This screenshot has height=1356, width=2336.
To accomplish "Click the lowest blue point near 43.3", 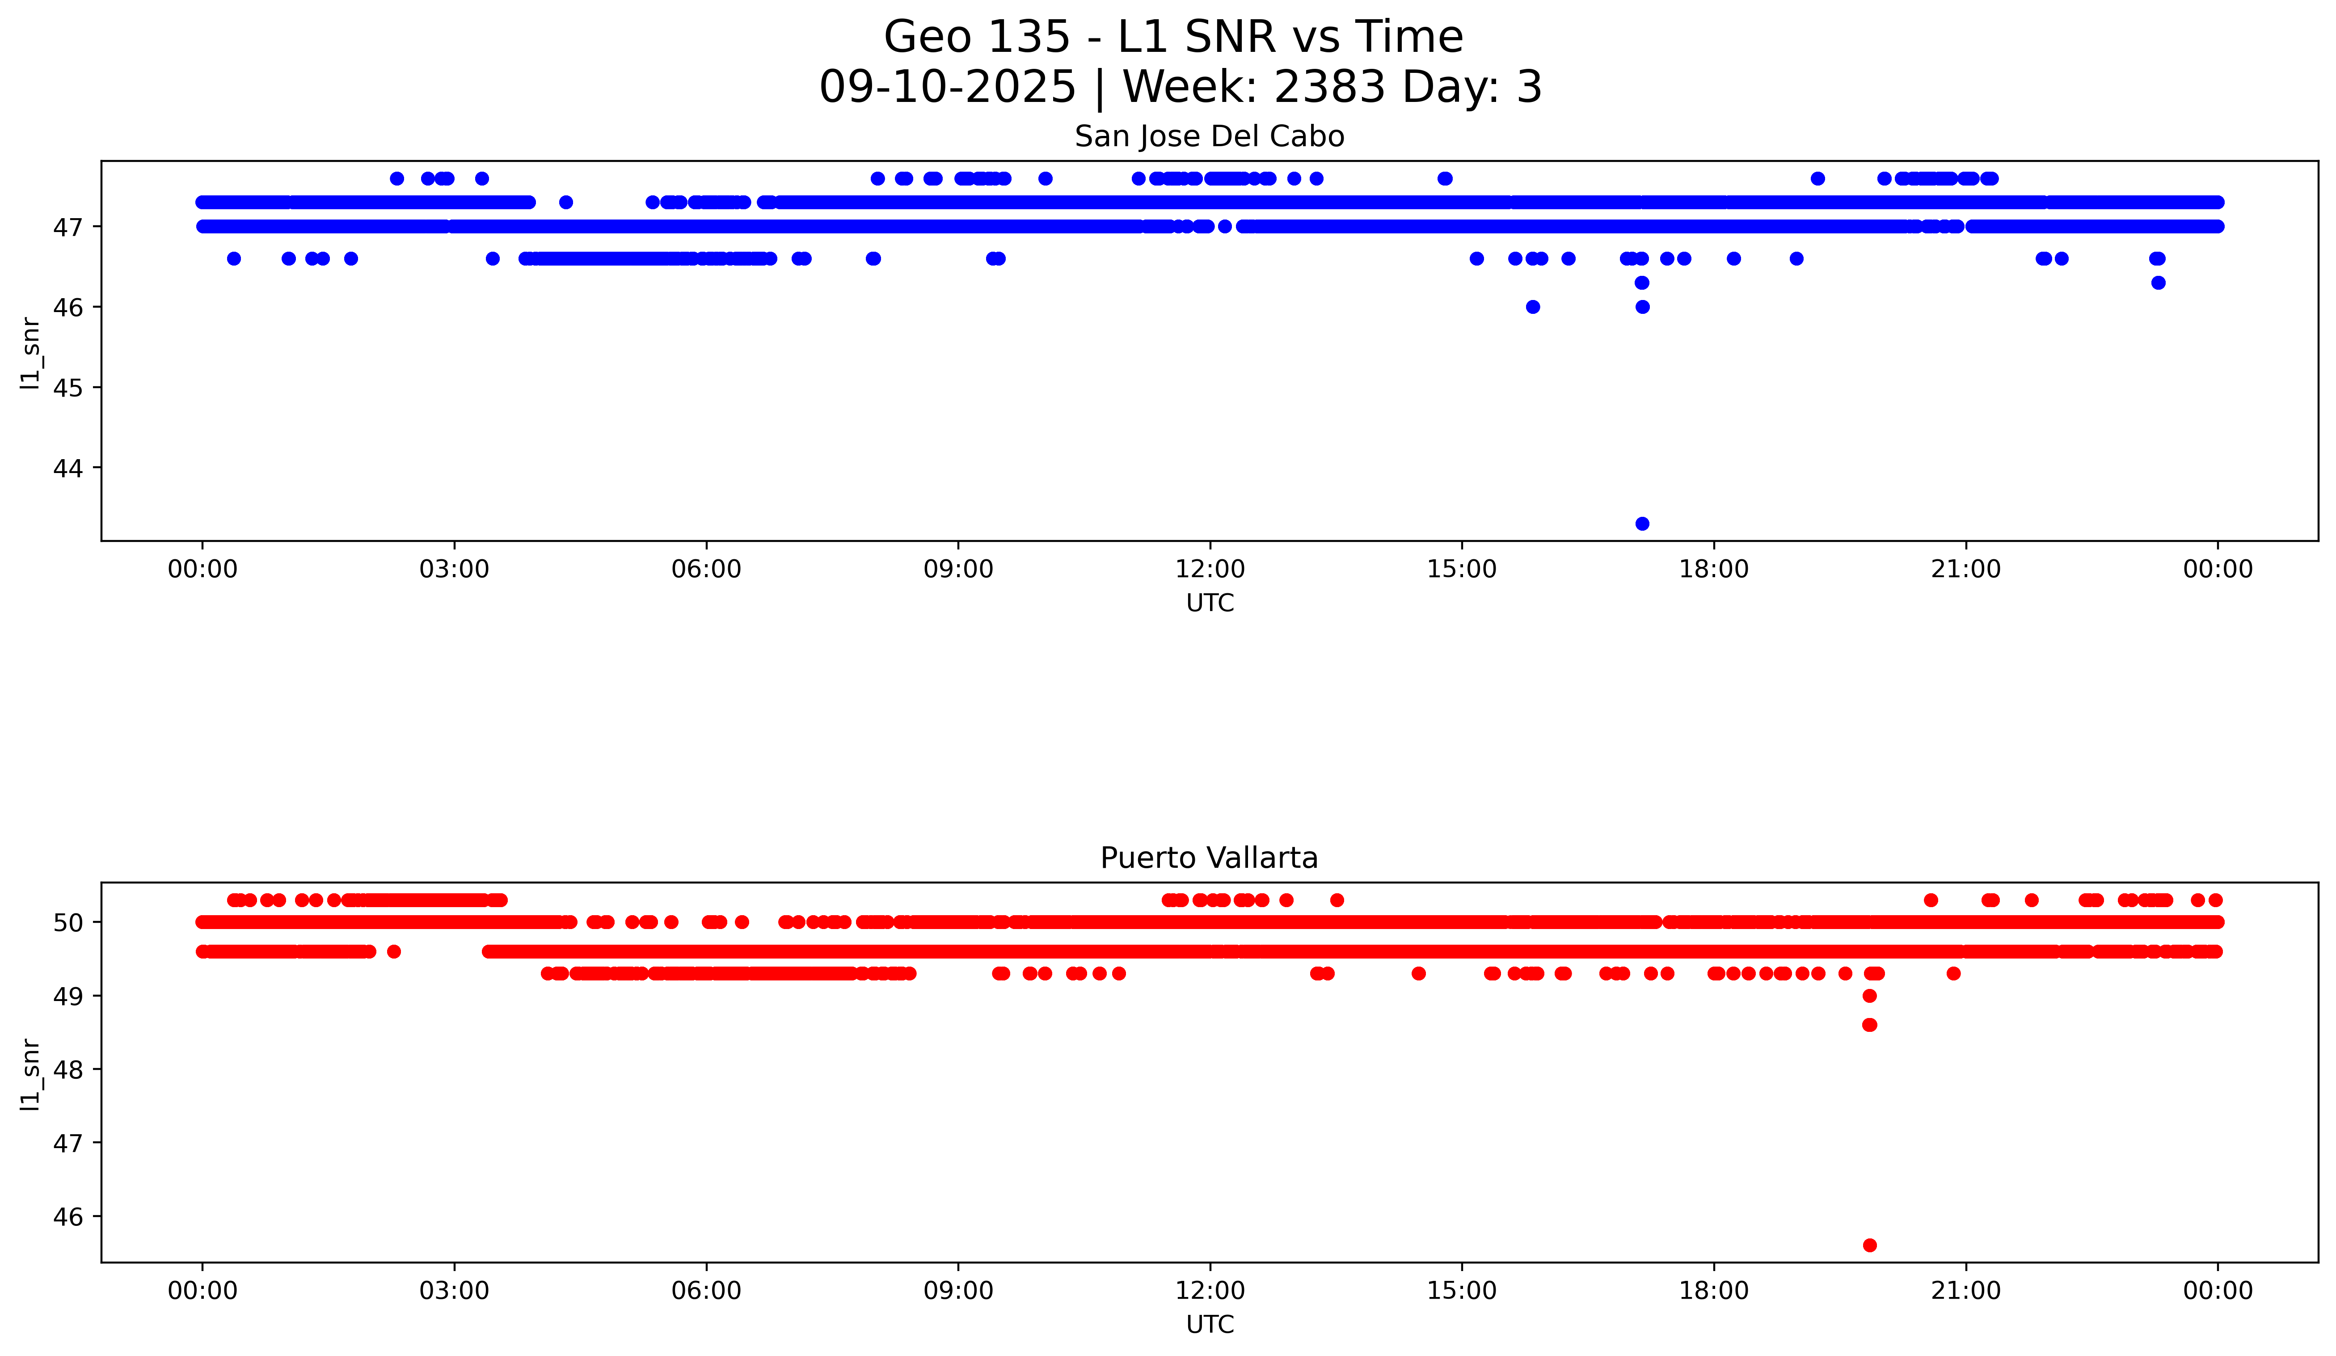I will pyautogui.click(x=1642, y=524).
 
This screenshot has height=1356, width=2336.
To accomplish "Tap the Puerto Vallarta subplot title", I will pyautogui.click(x=1209, y=858).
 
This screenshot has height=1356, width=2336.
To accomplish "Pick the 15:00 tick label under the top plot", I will pyautogui.click(x=1462, y=569).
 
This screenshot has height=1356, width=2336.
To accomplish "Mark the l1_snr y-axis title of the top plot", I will pyautogui.click(x=30, y=352).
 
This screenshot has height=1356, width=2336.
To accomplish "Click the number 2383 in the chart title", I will pyautogui.click(x=1329, y=87).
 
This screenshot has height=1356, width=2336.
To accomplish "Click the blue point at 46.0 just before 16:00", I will pyautogui.click(x=1532, y=307).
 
